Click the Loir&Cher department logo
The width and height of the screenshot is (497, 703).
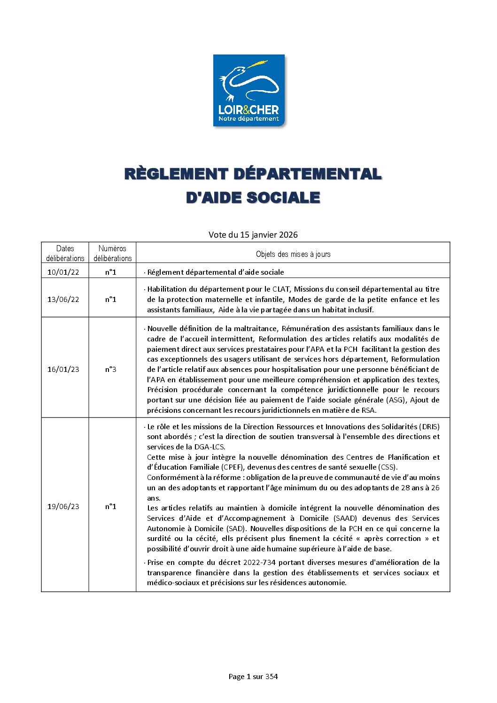pyautogui.click(x=249, y=90)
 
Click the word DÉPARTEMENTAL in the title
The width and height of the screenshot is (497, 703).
pyautogui.click(x=307, y=174)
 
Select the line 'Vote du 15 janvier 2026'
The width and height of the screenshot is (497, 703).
pyautogui.click(x=253, y=235)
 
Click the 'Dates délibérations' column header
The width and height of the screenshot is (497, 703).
pyautogui.click(x=65, y=253)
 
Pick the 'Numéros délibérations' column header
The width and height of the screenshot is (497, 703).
pyautogui.click(x=112, y=253)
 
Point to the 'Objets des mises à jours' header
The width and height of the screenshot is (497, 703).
pyautogui.click(x=293, y=254)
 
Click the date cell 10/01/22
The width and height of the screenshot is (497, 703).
pyautogui.click(x=63, y=272)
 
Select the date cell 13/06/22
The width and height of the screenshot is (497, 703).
pyautogui.click(x=63, y=299)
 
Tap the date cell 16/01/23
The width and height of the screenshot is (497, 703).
pyautogui.click(x=63, y=369)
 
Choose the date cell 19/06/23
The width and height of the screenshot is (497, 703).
pyautogui.click(x=63, y=506)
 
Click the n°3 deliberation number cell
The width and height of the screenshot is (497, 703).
pyautogui.click(x=110, y=369)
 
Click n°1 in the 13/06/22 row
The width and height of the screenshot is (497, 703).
pyautogui.click(x=110, y=299)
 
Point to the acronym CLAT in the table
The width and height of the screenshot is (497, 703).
pyautogui.click(x=281, y=289)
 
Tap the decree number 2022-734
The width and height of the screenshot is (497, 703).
pyautogui.click(x=259, y=562)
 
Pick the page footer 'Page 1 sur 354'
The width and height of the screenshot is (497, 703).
pyautogui.click(x=253, y=676)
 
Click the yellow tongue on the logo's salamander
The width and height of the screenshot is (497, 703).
pyautogui.click(x=258, y=63)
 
